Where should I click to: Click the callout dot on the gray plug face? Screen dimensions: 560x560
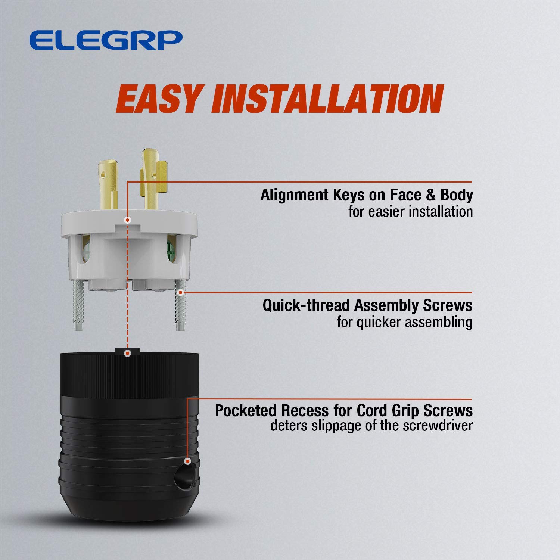point(128,220)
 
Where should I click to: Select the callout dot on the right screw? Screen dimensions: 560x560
point(181,292)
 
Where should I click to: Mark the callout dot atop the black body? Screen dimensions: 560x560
point(128,353)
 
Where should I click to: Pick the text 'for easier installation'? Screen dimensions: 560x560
point(410,212)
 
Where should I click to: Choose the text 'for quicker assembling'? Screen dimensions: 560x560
point(404,322)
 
